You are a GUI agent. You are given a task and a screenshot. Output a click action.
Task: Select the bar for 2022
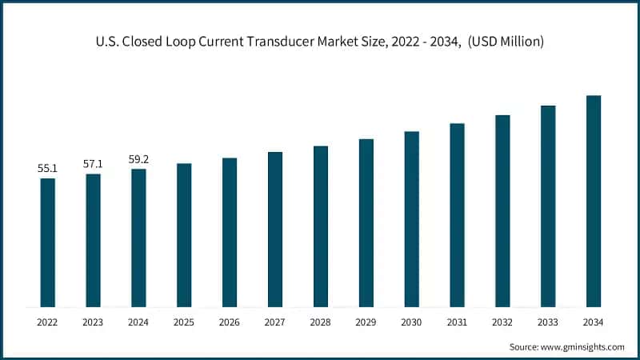coord(48,242)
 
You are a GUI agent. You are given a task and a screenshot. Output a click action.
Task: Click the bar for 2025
coord(184,235)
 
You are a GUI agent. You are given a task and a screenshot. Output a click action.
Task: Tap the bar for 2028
coord(321,226)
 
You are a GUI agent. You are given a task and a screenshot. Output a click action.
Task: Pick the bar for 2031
coord(457,215)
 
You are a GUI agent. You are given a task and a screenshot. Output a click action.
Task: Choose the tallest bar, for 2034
coord(594,201)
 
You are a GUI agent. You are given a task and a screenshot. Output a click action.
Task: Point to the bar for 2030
coord(411,219)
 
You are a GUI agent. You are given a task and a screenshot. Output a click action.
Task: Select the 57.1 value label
coord(94,164)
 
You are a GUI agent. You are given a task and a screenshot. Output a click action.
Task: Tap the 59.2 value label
coord(138,159)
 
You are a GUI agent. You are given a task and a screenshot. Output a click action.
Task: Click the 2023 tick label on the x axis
coord(94,322)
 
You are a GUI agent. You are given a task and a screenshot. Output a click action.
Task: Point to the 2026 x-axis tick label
coord(230,322)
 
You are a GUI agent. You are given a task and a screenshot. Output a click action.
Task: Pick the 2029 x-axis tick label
coord(366,322)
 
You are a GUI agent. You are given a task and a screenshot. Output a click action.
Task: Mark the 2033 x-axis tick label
coord(548,322)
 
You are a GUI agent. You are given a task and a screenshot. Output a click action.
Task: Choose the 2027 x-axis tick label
coord(275,322)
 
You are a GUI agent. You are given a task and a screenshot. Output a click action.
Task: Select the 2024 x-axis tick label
coord(138,322)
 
